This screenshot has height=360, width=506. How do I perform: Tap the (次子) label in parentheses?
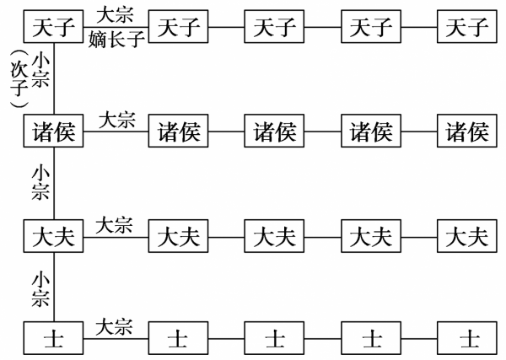pyautogui.click(x=14, y=80)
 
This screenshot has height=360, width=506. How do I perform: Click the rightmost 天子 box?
pyautogui.click(x=467, y=29)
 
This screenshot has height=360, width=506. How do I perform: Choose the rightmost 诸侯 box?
pyautogui.click(x=467, y=132)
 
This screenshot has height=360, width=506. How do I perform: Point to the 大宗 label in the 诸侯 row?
pyautogui.click(x=117, y=120)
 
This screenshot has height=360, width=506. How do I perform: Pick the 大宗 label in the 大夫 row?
pyautogui.click(x=114, y=224)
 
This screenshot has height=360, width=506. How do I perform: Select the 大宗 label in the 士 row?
pyautogui.click(x=114, y=327)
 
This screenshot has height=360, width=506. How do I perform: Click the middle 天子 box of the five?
pyautogui.click(x=275, y=29)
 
